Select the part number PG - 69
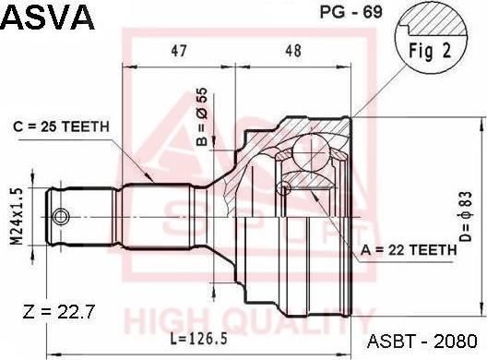click(x=340, y=13)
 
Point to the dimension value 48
click(x=293, y=53)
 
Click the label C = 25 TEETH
click(x=62, y=126)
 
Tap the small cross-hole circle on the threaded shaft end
click(x=61, y=217)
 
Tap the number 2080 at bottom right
click(x=460, y=340)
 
